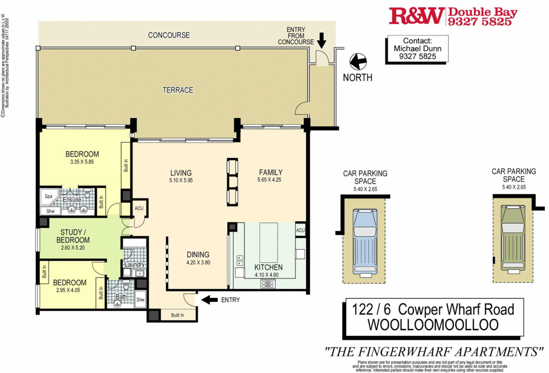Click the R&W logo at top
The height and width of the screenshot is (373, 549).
click(x=417, y=16)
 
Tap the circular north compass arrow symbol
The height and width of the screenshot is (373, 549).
click(x=358, y=62)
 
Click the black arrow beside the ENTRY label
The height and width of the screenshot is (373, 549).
click(x=209, y=300)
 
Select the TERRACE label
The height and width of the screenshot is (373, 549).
click(x=178, y=90)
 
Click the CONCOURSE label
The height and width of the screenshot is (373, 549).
click(x=169, y=35)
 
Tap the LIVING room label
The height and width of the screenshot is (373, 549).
click(x=181, y=173)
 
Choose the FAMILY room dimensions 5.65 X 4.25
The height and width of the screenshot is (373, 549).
click(x=269, y=180)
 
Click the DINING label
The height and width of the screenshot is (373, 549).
click(x=198, y=255)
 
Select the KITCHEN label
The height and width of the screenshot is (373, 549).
click(x=269, y=267)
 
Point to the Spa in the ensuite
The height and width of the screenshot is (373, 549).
click(x=48, y=196)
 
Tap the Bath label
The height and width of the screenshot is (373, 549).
click(x=121, y=296)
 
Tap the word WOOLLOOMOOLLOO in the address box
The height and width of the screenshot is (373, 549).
click(x=433, y=324)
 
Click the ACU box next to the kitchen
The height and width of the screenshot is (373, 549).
click(x=300, y=230)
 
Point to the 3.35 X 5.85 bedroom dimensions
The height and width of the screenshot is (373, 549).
click(x=82, y=162)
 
